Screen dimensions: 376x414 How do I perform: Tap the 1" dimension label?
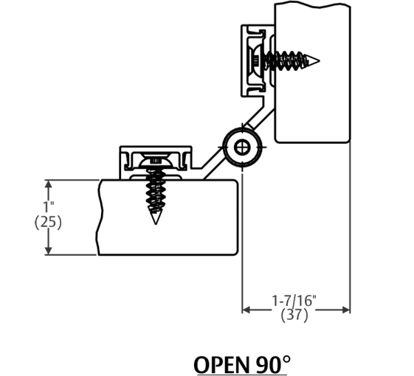[48, 207]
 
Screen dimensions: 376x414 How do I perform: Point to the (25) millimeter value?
[48, 221]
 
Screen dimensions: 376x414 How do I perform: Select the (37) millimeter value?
[295, 316]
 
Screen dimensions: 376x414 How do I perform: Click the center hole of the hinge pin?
[241, 147]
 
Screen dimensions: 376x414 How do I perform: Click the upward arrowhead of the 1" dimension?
[49, 183]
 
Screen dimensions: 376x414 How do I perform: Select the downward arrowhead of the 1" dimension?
[49, 251]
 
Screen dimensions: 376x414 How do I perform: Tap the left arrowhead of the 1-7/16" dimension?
[246, 310]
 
